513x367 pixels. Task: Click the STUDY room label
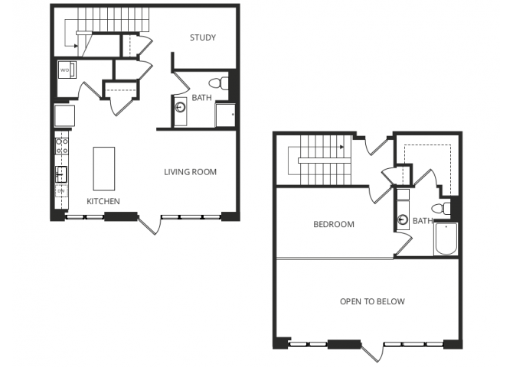(x=203, y=37)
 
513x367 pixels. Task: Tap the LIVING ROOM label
(x=190, y=172)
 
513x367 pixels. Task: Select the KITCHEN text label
(x=103, y=201)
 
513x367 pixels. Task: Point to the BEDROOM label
(x=334, y=225)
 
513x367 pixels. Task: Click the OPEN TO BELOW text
(x=372, y=301)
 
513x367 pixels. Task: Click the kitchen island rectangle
(x=103, y=168)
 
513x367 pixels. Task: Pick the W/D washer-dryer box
(x=64, y=71)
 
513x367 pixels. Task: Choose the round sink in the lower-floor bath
(x=180, y=108)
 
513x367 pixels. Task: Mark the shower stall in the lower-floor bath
(x=224, y=115)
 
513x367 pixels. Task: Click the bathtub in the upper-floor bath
(x=446, y=240)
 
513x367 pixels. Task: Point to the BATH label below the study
(x=201, y=96)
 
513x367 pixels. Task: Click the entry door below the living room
(x=150, y=224)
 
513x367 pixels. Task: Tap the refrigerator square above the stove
(x=64, y=117)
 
